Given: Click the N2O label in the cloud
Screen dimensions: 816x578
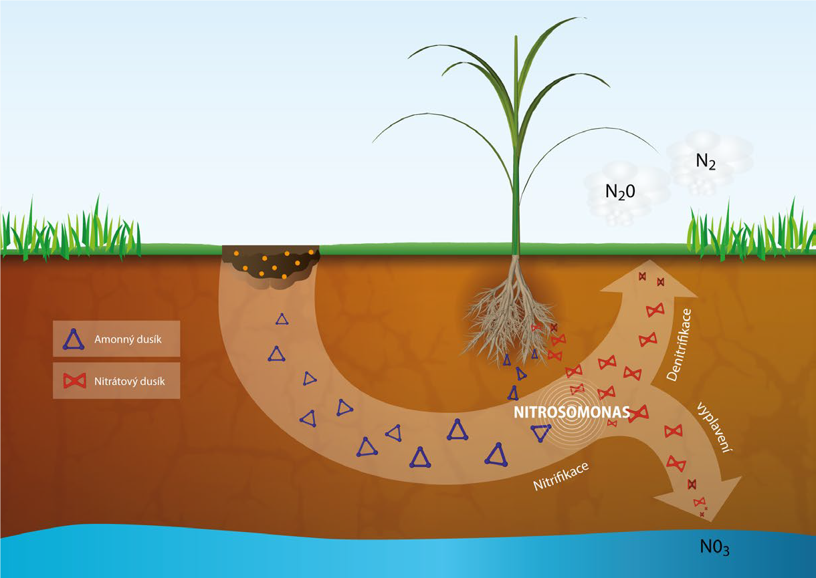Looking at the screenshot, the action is click(620, 192).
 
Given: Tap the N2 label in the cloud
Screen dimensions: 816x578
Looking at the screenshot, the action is click(706, 161).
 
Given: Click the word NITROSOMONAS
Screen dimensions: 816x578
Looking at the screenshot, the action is click(572, 412).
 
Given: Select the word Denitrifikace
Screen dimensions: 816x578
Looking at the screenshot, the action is click(679, 345).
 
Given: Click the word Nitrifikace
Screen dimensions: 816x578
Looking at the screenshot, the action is click(561, 476).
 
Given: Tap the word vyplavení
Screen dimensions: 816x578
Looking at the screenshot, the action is click(715, 428).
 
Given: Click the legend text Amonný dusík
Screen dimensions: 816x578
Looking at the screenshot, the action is click(128, 339).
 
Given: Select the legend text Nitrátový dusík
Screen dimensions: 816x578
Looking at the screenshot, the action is click(130, 381).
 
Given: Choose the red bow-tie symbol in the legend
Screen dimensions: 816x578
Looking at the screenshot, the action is click(75, 381).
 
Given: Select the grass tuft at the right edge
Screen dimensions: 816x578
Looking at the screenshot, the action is click(750, 231).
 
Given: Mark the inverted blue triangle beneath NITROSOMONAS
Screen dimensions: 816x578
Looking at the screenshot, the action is click(541, 433).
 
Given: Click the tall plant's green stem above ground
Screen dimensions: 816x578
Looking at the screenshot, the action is click(516, 146).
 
